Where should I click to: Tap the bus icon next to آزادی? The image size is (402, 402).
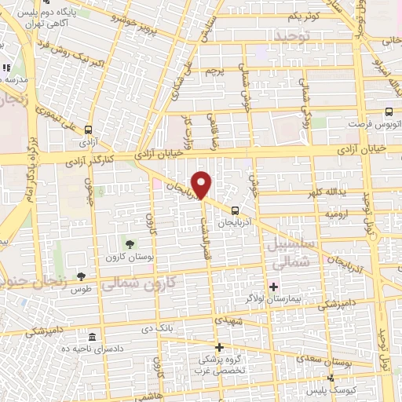pos(87,130)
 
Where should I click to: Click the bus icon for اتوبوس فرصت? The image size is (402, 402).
pos(389,111)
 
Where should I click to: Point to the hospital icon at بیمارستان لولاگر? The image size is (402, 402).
pos(275,286)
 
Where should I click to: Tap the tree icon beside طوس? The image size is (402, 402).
pos(81,276)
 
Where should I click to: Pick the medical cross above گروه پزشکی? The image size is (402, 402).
pos(219,346)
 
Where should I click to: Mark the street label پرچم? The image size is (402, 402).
pos(216,71)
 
